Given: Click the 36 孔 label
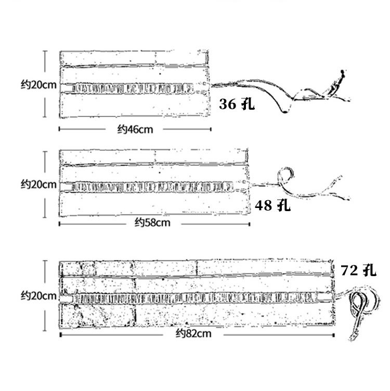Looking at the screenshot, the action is [x=237, y=104].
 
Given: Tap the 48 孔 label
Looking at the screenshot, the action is [x=272, y=205].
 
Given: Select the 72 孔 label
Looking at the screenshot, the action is [x=358, y=270].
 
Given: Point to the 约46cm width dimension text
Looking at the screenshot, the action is [x=135, y=129].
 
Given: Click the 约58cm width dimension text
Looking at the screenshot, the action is [x=152, y=223].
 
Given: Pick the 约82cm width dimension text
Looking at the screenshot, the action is [x=193, y=333].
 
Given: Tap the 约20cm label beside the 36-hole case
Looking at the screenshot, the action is [x=38, y=85].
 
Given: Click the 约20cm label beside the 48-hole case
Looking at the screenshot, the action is [x=38, y=185].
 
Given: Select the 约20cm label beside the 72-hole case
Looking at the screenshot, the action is [x=38, y=296].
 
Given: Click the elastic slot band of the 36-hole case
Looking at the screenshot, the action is [x=133, y=88].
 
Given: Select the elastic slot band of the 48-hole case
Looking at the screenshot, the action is [x=152, y=187].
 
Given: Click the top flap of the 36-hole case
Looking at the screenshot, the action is [x=134, y=59].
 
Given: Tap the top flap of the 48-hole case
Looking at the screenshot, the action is [x=153, y=157].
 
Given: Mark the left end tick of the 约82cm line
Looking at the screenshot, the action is [x=60, y=335].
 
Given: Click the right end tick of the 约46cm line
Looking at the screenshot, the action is [x=211, y=129].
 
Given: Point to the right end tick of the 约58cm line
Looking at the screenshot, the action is [x=250, y=224].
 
